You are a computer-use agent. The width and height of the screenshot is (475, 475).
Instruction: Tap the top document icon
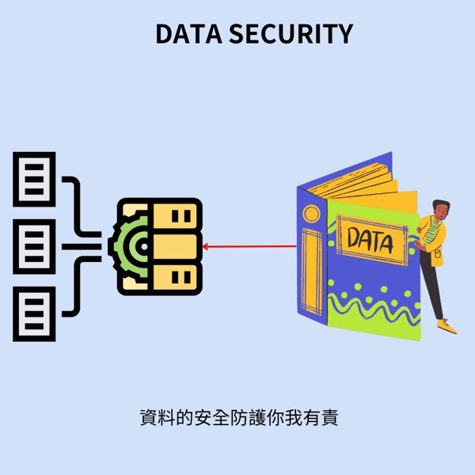point(33,179)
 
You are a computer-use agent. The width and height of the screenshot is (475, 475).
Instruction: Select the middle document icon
point(33,247)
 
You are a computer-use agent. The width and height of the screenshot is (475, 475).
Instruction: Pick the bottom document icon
point(33,314)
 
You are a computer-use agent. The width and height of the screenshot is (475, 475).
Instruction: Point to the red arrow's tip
point(205,247)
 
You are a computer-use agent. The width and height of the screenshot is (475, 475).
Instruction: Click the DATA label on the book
point(370,239)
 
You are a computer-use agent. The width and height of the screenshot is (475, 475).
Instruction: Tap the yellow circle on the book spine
point(311,213)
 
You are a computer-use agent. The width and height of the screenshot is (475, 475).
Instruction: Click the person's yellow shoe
point(448,325)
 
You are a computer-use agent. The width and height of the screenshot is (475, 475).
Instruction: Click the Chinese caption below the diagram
point(237,417)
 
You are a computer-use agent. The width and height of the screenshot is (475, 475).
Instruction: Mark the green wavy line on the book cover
point(372,305)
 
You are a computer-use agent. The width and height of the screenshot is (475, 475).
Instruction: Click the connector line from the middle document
point(79,247)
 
